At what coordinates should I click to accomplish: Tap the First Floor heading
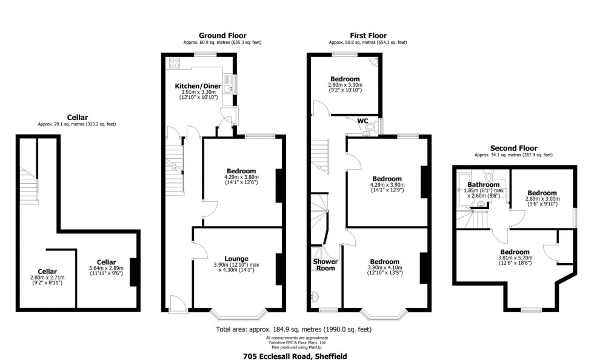[x=368, y=36]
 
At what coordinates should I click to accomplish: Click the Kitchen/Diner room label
[x=198, y=86]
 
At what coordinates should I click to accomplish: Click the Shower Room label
[x=325, y=265]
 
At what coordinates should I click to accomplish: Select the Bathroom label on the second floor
[x=483, y=184]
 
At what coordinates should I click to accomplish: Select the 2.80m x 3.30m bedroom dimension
[x=345, y=86]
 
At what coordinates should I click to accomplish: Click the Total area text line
[x=293, y=330]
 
